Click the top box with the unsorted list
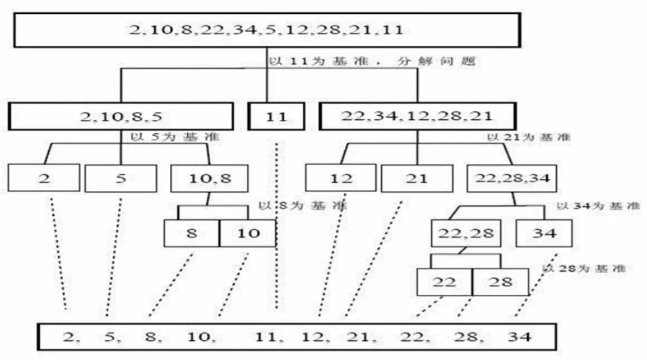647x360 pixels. tap(267, 30)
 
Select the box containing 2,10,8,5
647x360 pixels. tap(121, 116)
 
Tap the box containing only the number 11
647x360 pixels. tap(276, 116)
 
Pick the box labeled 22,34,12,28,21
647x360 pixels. tap(417, 116)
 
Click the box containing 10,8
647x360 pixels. tap(209, 178)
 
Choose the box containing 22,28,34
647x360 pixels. tap(512, 178)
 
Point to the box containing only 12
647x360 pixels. tap(341, 178)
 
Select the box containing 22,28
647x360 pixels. tap(466, 234)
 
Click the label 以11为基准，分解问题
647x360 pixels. tap(373, 61)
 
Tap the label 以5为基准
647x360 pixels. tap(174, 137)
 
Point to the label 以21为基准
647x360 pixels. tap(529, 137)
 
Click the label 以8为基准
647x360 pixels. tap(303, 205)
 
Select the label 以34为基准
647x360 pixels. tap(598, 205)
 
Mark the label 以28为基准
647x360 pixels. tap(584, 269)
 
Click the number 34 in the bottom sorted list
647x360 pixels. tap(519, 337)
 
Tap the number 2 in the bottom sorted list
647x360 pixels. tap(69, 337)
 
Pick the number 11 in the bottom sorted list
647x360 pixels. tap(265, 337)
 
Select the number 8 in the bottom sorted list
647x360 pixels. tap(150, 337)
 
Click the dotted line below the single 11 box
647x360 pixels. tap(276, 226)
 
